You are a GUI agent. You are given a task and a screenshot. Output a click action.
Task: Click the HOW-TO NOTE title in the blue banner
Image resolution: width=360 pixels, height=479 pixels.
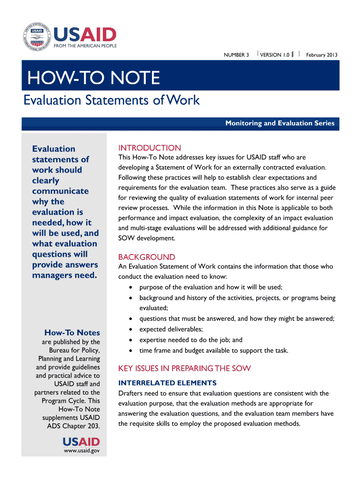click(94, 78)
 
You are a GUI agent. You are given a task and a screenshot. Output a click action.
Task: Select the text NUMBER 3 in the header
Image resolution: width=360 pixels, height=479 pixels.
click(236, 55)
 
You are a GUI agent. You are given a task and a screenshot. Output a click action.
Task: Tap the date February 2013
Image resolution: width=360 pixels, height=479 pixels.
click(322, 55)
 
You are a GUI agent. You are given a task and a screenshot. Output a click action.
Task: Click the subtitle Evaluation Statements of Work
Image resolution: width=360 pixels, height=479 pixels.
click(112, 100)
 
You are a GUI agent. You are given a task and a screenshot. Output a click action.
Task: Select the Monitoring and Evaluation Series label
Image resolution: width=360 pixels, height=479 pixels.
click(280, 123)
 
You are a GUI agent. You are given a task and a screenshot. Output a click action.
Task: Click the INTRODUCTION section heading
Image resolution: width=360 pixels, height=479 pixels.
click(149, 148)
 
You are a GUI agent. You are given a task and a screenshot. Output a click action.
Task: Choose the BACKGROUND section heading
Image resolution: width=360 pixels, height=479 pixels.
click(147, 257)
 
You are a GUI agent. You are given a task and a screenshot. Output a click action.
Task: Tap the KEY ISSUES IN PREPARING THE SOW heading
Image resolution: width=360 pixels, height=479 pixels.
click(185, 368)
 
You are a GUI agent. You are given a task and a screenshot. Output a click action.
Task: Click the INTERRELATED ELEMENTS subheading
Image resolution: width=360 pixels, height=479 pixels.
click(167, 383)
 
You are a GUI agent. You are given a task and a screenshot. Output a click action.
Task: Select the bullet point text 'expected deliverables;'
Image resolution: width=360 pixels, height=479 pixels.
click(171, 329)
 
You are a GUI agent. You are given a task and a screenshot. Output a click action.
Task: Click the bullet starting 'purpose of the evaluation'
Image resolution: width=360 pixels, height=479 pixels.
click(210, 287)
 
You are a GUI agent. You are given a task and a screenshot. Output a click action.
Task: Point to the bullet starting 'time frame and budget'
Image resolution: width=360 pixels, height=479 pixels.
click(214, 350)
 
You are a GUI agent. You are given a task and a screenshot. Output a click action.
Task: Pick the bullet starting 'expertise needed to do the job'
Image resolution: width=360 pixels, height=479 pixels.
click(191, 340)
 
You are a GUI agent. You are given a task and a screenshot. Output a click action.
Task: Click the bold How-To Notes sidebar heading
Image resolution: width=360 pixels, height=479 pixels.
click(72, 333)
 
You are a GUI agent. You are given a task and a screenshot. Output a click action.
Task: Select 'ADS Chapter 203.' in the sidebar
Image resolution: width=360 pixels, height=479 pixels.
click(73, 426)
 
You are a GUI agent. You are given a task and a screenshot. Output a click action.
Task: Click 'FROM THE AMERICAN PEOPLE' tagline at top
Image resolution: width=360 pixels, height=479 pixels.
click(86, 46)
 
